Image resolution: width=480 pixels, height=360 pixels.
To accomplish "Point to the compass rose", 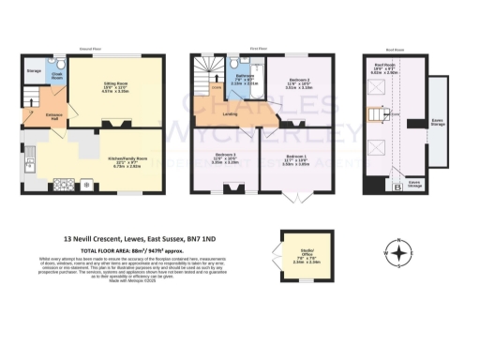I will (x=401, y=253).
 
